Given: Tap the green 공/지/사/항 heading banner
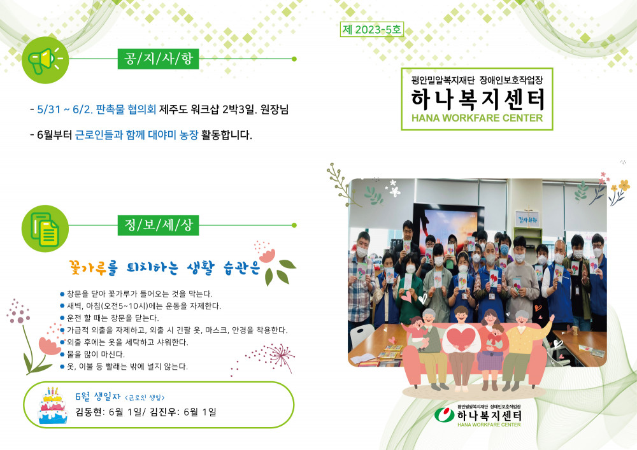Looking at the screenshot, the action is pyautogui.click(x=158, y=59).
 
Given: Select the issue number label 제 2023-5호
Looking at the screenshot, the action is pyautogui.click(x=372, y=29).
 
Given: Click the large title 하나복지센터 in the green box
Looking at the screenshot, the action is pyautogui.click(x=477, y=99).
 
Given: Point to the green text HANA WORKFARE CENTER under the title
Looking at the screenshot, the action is pyautogui.click(x=477, y=118).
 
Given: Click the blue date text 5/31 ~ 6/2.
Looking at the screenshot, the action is pyautogui.click(x=65, y=109).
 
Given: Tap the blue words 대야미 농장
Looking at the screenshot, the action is pyautogui.click(x=173, y=135).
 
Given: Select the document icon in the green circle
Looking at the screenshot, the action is pyautogui.click(x=45, y=229).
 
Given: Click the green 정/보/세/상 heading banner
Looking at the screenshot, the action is pyautogui.click(x=158, y=225).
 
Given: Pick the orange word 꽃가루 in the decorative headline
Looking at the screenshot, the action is pyautogui.click(x=88, y=267).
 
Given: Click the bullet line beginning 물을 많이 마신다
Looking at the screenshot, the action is pyautogui.click(x=92, y=355).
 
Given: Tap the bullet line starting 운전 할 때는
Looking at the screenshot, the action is pyautogui.click(x=110, y=318).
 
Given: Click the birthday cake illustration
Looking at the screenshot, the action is pyautogui.click(x=53, y=406).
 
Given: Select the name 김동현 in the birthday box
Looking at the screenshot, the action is pyautogui.click(x=89, y=412).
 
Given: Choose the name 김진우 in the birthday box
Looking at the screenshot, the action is pyautogui.click(x=163, y=412).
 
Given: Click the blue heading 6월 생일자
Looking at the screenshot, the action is pyautogui.click(x=98, y=397).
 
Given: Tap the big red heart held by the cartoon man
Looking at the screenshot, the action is pyautogui.click(x=462, y=339).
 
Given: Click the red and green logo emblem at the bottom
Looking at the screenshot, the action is pyautogui.click(x=445, y=415).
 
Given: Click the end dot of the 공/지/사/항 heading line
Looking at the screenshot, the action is pyautogui.click(x=294, y=59).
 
